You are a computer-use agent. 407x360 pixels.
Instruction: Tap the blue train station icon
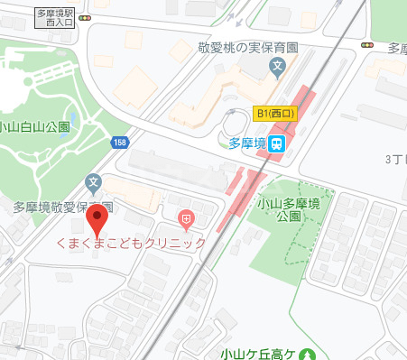279,143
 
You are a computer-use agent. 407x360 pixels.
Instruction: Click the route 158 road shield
120,143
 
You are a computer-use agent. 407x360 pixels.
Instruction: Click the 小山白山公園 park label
38,126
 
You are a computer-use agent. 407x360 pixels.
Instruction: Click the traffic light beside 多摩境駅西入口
84,17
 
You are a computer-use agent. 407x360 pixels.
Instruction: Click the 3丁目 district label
395,159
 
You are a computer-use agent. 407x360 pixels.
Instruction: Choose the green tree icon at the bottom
308,355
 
